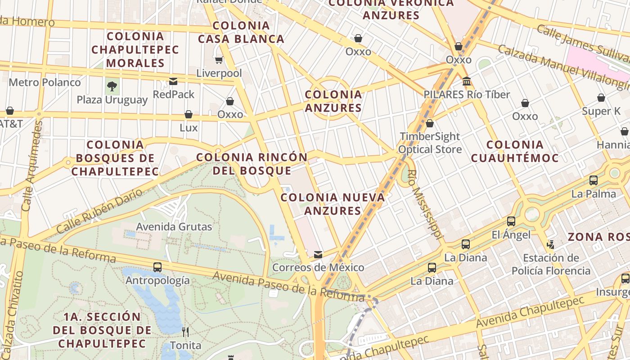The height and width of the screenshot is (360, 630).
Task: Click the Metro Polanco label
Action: [x=45, y=82]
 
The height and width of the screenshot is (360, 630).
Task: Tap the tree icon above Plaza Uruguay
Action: [x=112, y=86]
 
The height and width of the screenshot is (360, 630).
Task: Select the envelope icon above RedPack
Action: [x=173, y=81]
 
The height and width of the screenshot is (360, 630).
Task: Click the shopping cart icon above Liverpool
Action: [x=219, y=60]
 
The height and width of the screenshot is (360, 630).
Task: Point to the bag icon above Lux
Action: [x=189, y=114]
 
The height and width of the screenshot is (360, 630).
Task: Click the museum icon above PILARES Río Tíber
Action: [x=467, y=81]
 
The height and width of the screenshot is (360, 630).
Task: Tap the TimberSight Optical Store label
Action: [x=430, y=143]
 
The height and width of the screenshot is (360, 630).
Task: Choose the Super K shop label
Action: [x=601, y=111]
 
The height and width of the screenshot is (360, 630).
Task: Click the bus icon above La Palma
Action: [x=594, y=180]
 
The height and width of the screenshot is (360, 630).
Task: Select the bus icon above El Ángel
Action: [x=511, y=221]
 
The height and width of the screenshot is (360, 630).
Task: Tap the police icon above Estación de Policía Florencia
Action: [x=550, y=245]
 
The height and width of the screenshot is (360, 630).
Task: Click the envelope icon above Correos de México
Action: [x=318, y=255]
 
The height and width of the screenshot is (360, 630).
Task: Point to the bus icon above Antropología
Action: [x=157, y=267]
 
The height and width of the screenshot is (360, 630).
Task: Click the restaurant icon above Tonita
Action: [x=185, y=332]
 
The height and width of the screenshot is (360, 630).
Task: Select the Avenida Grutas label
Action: [x=174, y=226]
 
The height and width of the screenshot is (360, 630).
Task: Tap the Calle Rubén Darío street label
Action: [x=99, y=211]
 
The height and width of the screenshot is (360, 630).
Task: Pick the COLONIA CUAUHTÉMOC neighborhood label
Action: [x=515, y=151]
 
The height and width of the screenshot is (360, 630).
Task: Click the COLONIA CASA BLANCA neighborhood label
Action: [x=241, y=32]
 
